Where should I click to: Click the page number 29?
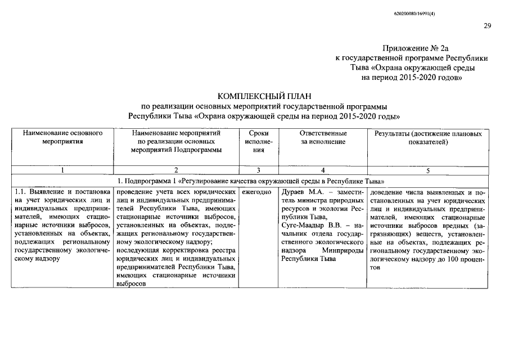point(487,26)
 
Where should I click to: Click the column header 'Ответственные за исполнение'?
point(323,138)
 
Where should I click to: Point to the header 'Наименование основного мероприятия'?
point(62,138)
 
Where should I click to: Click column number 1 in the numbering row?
point(62,170)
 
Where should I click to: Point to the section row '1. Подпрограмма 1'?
point(250,181)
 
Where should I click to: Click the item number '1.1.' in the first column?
point(20,192)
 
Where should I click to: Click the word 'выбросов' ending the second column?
point(131,284)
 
